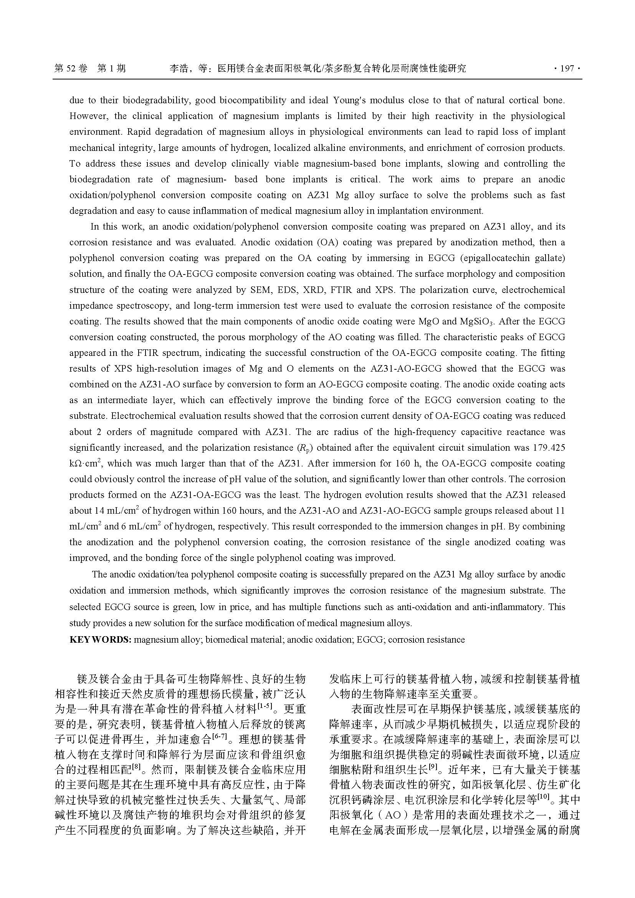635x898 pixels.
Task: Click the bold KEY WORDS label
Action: point(100,640)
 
